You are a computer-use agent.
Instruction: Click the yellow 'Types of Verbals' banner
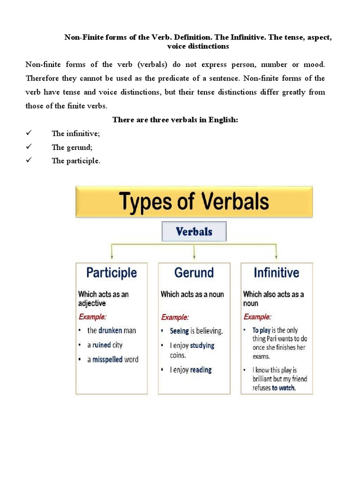(x=194, y=202)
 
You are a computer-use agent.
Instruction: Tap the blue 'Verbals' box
(x=194, y=232)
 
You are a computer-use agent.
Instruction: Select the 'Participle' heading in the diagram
(x=112, y=273)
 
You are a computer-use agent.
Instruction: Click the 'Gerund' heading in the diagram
(x=194, y=273)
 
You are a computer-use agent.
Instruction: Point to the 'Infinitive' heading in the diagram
(x=276, y=273)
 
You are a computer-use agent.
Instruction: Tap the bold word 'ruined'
(x=101, y=345)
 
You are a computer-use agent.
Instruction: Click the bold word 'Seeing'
(x=179, y=331)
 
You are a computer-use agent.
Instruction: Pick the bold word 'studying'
(x=202, y=345)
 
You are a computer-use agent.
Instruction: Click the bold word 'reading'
(x=201, y=370)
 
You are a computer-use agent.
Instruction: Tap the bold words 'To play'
(x=261, y=330)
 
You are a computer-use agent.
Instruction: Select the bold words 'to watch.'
(x=284, y=388)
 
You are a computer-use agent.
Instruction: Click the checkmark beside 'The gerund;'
(x=29, y=147)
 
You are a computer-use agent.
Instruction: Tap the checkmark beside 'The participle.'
(x=29, y=161)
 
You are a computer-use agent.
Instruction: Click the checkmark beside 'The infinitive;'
(x=29, y=134)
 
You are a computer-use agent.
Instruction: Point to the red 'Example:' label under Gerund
(x=175, y=316)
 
